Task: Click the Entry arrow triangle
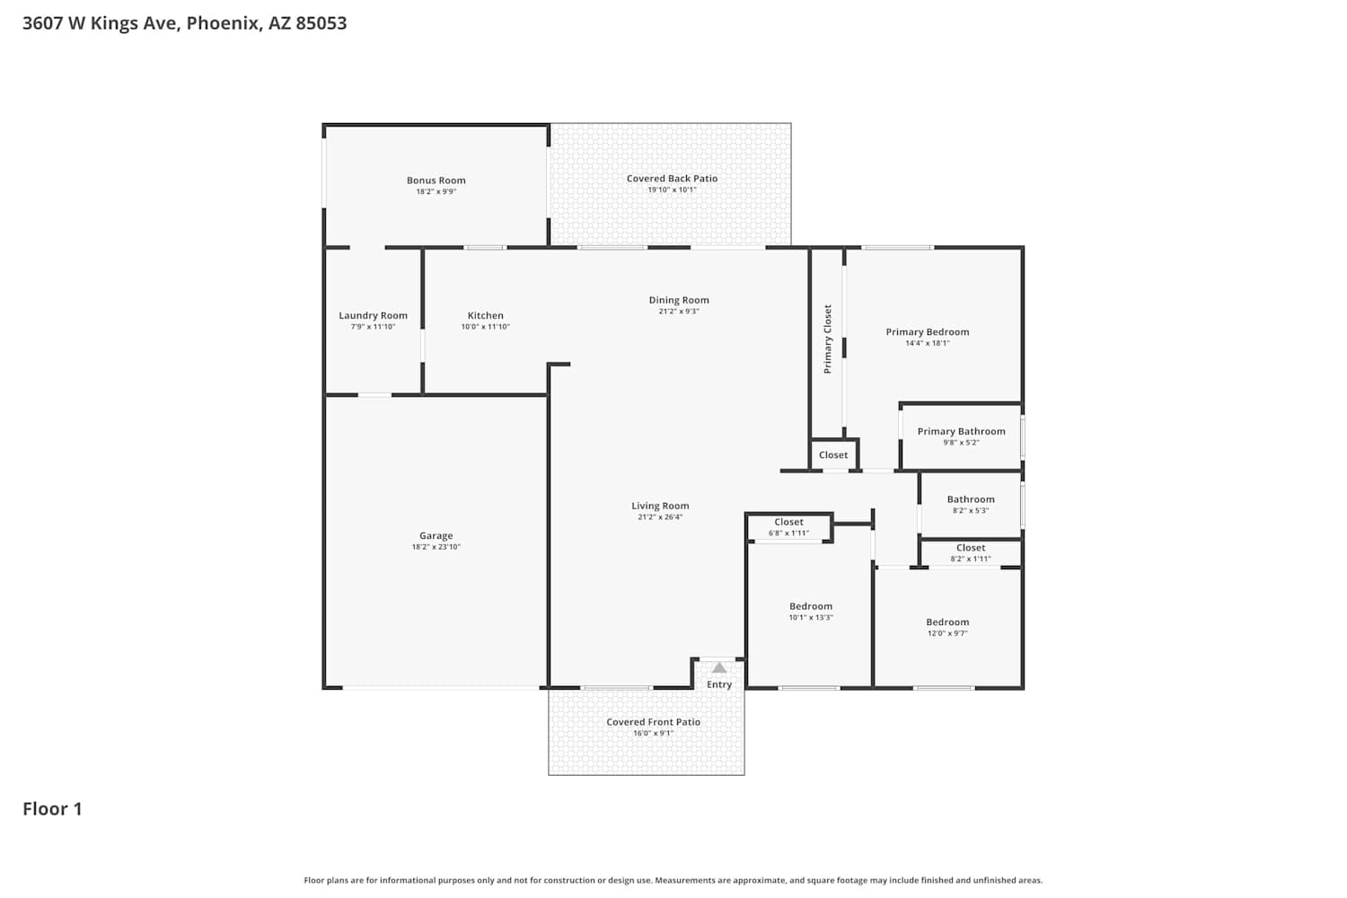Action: tap(719, 668)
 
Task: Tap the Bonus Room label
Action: tap(436, 180)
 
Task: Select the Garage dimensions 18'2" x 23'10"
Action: tap(436, 547)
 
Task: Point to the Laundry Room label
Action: tap(373, 316)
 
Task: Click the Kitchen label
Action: tap(485, 316)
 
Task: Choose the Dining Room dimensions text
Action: tap(679, 311)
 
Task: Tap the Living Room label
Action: tap(660, 506)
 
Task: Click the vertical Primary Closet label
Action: tap(827, 339)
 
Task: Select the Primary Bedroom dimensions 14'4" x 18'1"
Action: tap(928, 343)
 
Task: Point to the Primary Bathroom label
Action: tap(961, 432)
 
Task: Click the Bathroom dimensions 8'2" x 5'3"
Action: tap(971, 511)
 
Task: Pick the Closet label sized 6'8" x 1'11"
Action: tap(788, 522)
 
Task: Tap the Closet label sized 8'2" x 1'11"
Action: tap(971, 548)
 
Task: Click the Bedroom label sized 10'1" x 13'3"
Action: tap(811, 606)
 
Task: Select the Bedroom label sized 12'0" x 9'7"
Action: tap(947, 622)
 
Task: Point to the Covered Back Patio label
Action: tap(672, 179)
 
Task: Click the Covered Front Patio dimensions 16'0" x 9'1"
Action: tap(653, 733)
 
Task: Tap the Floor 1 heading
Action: tap(52, 809)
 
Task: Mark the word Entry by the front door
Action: tap(719, 685)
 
